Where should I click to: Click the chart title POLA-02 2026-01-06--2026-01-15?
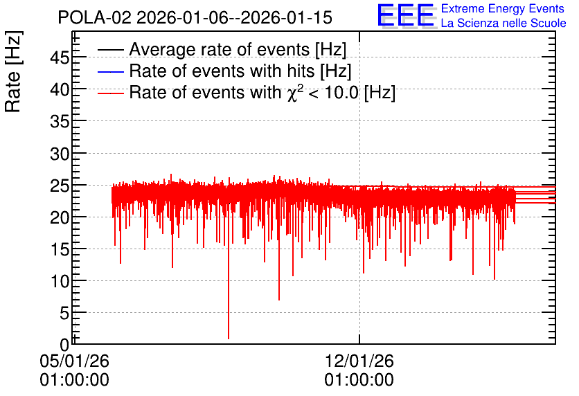[195, 17]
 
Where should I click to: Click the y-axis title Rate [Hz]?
[13, 71]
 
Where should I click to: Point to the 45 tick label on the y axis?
[60, 57]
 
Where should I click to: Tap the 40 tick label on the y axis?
[60, 89]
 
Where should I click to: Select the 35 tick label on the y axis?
[60, 121]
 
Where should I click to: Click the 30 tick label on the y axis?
[60, 154]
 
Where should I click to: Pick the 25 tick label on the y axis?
[60, 186]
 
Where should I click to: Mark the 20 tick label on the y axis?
[60, 217]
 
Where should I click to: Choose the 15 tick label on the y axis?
[60, 249]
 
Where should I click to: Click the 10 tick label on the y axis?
[60, 282]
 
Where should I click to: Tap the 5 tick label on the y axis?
[64, 314]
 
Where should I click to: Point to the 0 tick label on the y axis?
[64, 345]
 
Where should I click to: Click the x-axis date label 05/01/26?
[74, 361]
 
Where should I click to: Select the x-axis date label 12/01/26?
[359, 361]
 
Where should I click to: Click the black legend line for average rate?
[110, 50]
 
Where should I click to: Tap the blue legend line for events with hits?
[110, 71]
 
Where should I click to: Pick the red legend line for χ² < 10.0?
[110, 93]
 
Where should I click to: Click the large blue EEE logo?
[406, 15]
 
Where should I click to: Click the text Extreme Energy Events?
[503, 8]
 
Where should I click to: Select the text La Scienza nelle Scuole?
[504, 24]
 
